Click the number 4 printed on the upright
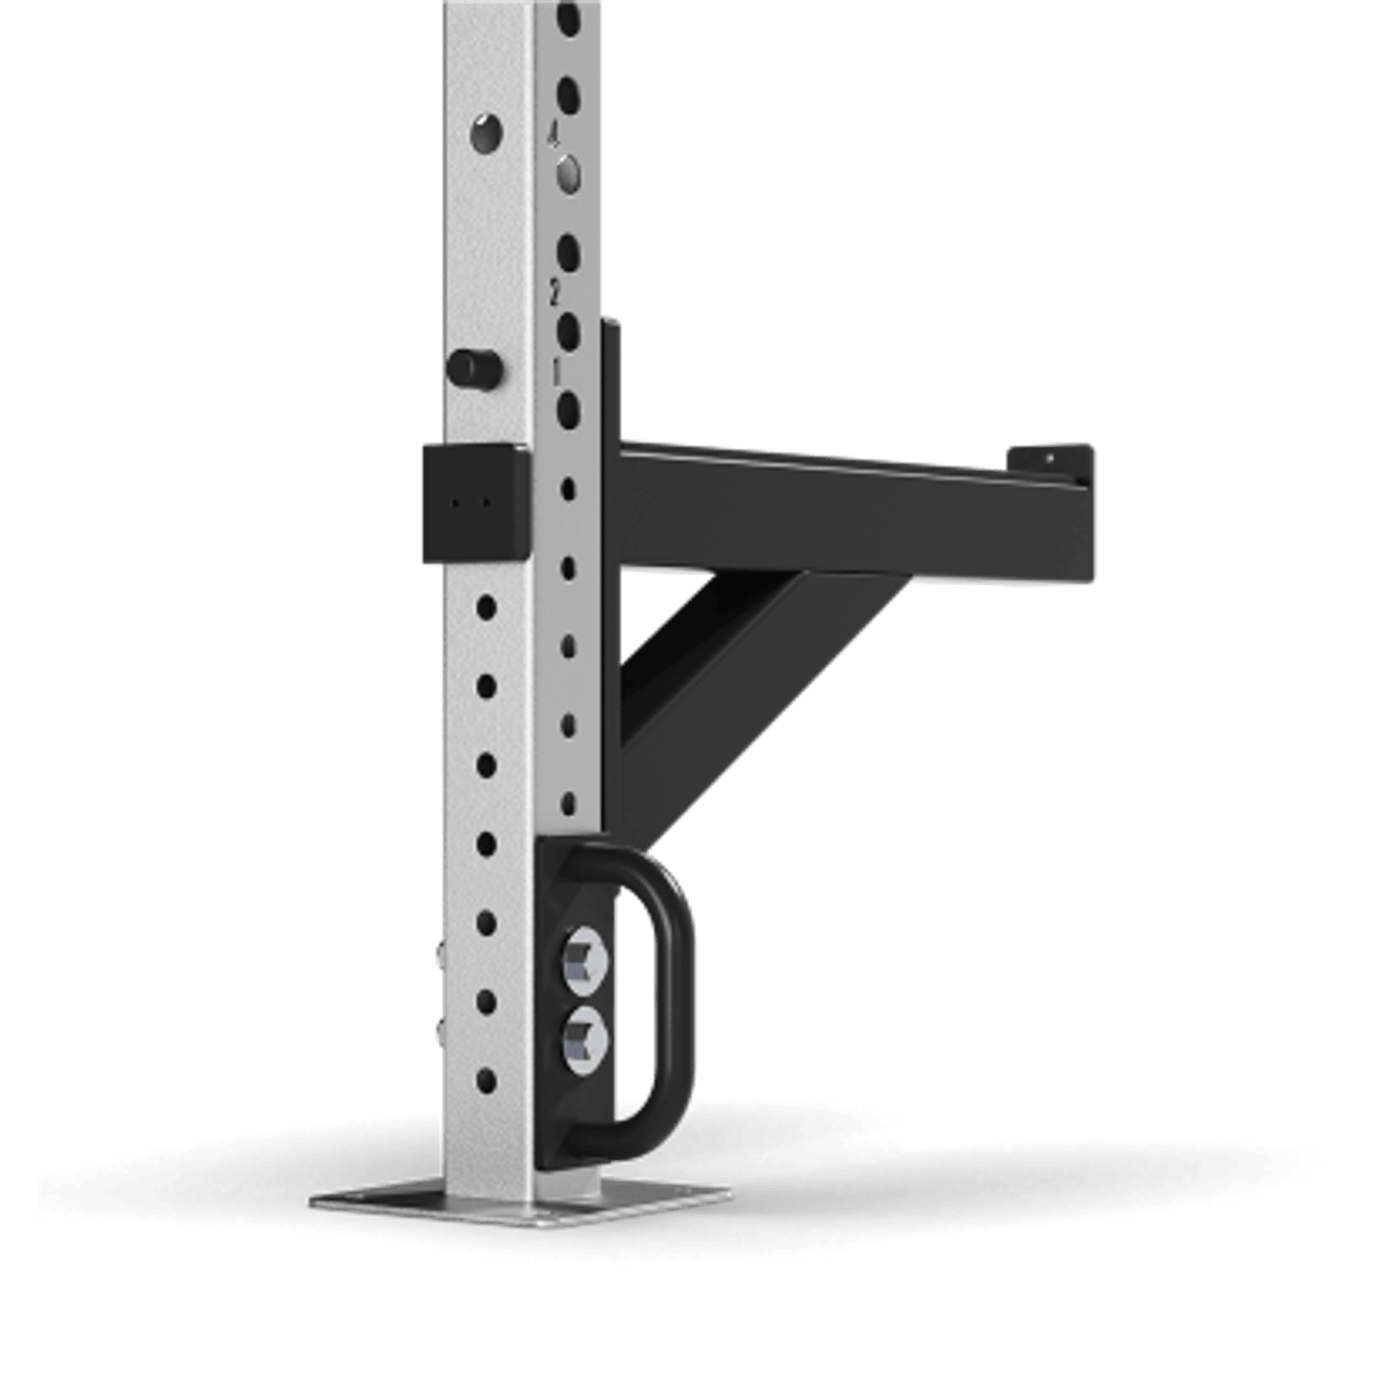tap(554, 135)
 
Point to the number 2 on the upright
tap(555, 290)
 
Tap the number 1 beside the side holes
tap(556, 370)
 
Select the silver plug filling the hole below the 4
tap(569, 174)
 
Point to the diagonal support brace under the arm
tap(738, 673)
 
